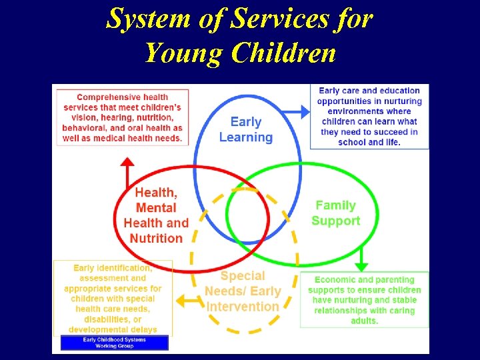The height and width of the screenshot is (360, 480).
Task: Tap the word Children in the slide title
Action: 283,52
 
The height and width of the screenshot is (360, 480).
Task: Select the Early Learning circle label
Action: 246,129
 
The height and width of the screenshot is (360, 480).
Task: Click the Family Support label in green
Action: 336,213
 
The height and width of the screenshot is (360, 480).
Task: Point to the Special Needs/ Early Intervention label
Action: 243,291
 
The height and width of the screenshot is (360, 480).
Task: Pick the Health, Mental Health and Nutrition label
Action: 156,215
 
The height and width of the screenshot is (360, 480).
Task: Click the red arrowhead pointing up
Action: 127,162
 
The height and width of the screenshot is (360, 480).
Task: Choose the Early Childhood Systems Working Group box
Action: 114,343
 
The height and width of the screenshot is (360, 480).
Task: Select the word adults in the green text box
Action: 364,321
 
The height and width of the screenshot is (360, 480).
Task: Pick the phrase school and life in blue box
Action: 369,142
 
